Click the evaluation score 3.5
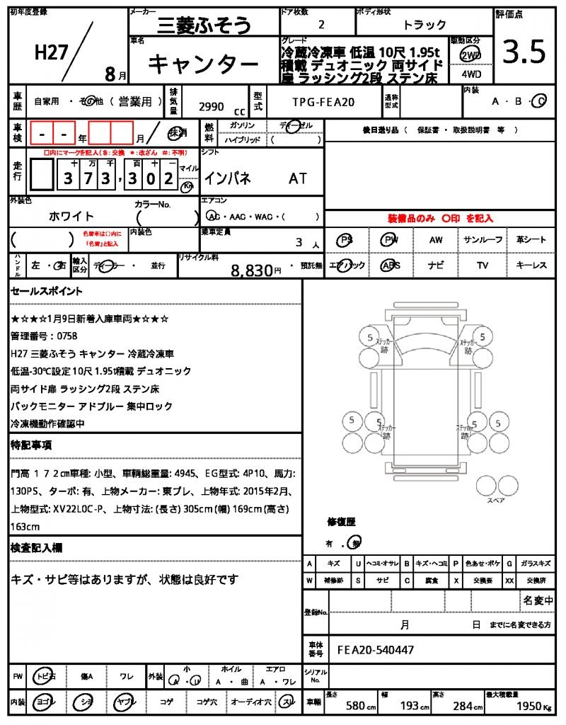(524, 52)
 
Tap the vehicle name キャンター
(203, 64)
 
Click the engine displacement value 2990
(211, 107)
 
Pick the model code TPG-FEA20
(323, 103)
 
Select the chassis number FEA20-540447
(376, 649)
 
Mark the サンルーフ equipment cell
(483, 240)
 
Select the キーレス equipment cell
(531, 266)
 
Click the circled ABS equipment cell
(390, 266)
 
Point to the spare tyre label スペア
(495, 501)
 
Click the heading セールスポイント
(47, 291)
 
